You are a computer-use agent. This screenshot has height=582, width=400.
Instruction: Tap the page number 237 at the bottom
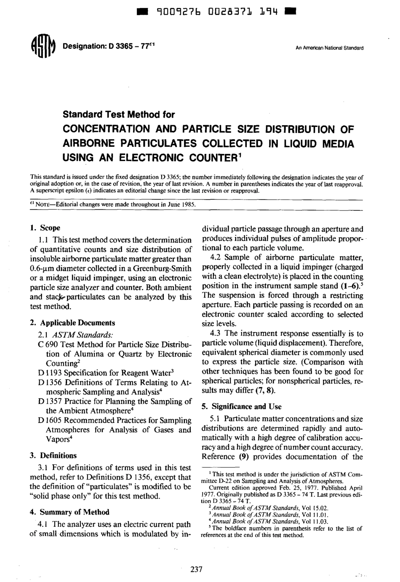(x=197, y=569)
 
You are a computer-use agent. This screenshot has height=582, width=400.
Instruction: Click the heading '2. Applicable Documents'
(x=72, y=323)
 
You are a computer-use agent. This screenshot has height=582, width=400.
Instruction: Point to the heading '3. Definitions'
(x=53, y=455)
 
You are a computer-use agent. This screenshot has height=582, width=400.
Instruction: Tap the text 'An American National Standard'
(x=329, y=48)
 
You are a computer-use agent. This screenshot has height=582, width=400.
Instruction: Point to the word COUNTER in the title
(x=211, y=158)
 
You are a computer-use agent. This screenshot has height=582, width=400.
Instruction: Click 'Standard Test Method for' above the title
(x=119, y=115)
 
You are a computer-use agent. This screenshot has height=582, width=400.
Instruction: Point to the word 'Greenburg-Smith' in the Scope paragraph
(x=165, y=268)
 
